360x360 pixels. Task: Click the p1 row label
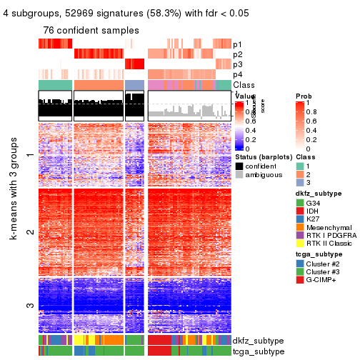237,44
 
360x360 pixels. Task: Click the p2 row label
237,54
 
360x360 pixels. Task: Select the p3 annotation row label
237,64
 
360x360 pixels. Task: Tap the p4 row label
237,75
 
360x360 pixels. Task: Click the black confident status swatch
239,166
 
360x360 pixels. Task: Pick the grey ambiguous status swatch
239,175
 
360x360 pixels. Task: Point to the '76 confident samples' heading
90,31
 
